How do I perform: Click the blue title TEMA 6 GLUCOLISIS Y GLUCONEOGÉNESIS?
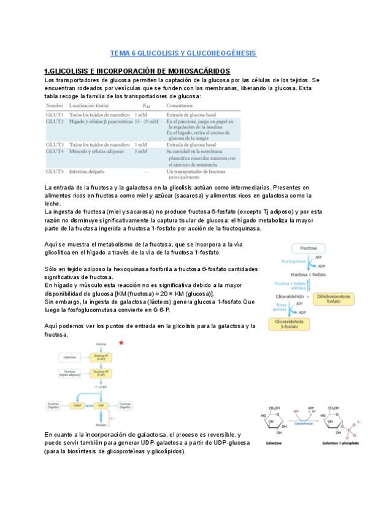tap(183, 54)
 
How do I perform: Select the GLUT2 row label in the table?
tap(55, 122)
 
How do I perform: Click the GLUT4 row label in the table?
tap(55, 150)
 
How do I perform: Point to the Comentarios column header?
tap(181, 107)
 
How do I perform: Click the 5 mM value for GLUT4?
tap(140, 150)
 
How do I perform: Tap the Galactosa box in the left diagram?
tap(68, 356)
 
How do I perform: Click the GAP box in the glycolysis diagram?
tap(100, 405)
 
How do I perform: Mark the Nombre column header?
tap(55, 107)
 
